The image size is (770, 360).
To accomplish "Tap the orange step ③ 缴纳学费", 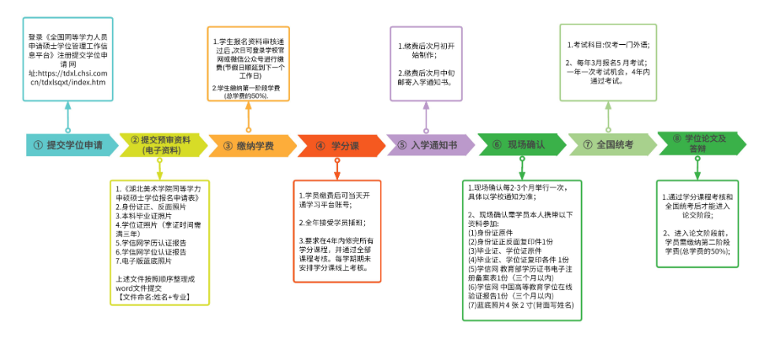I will click(249, 145).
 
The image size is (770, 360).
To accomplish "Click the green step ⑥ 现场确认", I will click(519, 145).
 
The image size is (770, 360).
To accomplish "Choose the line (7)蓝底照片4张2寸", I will click(521, 305).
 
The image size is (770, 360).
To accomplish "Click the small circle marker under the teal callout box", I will click(68, 129).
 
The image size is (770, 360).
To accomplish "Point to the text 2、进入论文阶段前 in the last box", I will click(697, 233).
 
